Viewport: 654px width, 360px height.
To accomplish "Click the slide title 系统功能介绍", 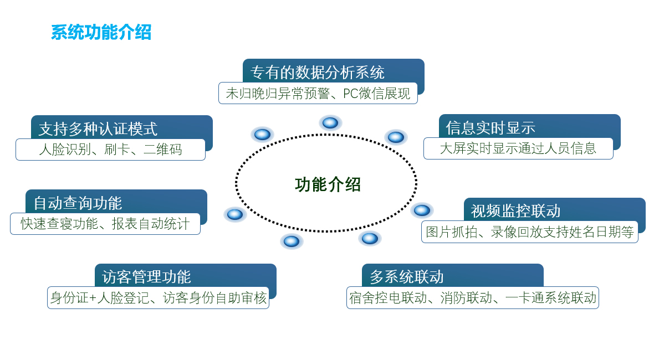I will point(101,32).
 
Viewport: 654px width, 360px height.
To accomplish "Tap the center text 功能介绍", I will point(328,184).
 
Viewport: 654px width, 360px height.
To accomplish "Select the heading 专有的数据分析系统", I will point(318,72).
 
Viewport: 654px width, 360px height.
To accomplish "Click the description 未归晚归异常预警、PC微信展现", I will point(318,93).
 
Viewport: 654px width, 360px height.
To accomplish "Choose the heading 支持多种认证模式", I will point(98,128).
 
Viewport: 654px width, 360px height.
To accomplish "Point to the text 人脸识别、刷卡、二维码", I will point(110,150).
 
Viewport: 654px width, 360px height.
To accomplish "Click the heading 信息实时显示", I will point(491,127).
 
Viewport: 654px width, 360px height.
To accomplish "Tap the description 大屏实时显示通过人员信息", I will point(518,148).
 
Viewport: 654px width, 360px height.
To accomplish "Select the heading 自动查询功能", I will point(78,203).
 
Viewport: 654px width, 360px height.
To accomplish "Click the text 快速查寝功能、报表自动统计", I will point(105,224).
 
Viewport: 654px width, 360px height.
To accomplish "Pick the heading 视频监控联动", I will point(515,210).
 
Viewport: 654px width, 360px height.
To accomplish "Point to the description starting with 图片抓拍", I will point(530,232).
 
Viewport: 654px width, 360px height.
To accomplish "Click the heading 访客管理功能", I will point(146,276).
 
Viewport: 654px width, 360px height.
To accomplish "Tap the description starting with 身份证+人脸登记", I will point(158,298).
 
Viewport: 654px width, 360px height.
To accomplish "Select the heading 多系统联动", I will point(407,276).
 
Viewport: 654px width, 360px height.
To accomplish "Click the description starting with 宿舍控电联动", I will point(473,298).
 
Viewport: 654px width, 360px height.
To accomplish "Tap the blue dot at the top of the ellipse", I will point(330,122).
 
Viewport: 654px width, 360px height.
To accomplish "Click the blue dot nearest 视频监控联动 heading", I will point(422,210).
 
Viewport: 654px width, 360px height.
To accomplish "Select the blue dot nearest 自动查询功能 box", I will point(235,214).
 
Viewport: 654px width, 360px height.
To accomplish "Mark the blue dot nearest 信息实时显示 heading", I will point(396,137).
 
